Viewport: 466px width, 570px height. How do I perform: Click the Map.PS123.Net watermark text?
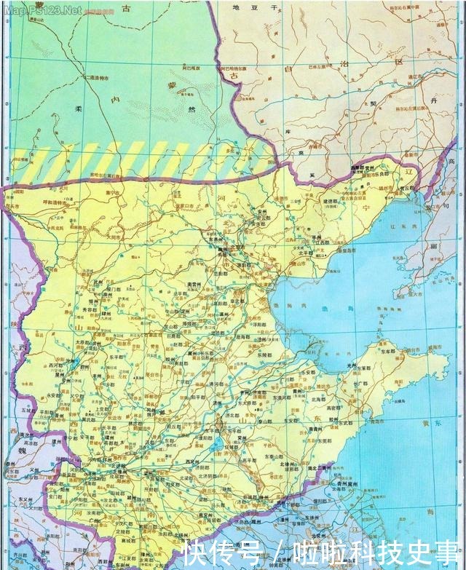[x=42, y=10]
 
